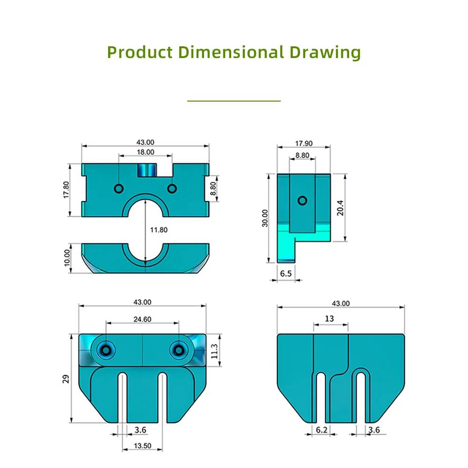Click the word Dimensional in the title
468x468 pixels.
pos(231,52)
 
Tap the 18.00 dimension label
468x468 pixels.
pos(146,152)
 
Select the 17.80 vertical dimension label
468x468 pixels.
pos(66,190)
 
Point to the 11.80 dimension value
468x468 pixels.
pos(159,230)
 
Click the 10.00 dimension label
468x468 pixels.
pos(67,258)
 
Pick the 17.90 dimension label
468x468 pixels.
pos(304,144)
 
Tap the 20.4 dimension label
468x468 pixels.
pos(340,208)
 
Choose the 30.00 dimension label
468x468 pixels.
pos(265,218)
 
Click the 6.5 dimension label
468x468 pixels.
pos(285,274)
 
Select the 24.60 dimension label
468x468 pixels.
pos(142,319)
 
